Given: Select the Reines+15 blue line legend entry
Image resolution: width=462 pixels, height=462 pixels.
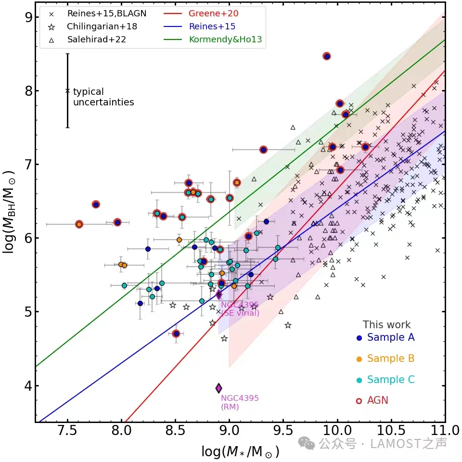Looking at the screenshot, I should [x=212, y=26].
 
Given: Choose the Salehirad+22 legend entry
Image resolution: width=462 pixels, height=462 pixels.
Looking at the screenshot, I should [x=96, y=39].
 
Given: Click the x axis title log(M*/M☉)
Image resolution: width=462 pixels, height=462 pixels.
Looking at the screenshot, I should [x=241, y=452].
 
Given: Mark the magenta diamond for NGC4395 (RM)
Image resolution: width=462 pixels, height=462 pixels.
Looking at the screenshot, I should [x=218, y=388].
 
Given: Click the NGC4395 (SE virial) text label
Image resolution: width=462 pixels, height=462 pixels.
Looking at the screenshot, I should [x=240, y=309].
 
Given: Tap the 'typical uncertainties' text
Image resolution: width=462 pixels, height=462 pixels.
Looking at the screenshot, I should [x=103, y=97].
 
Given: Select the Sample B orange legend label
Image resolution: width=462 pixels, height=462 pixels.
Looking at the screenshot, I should [x=390, y=359].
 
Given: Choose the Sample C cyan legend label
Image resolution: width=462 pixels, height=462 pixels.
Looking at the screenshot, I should [x=390, y=380].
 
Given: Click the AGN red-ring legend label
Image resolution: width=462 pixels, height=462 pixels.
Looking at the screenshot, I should [x=377, y=400].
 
